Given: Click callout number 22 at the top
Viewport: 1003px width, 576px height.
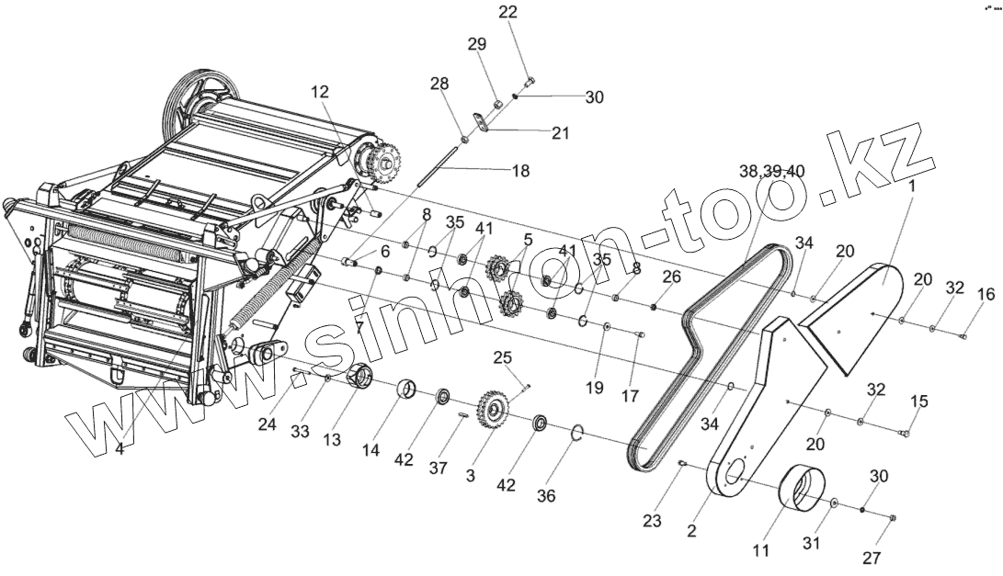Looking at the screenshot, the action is (x=508, y=12).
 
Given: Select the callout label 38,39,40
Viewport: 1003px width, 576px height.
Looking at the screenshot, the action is (x=771, y=171).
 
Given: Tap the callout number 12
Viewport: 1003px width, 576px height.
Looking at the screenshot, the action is (x=319, y=92).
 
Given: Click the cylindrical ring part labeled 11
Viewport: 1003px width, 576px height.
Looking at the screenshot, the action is (x=800, y=486).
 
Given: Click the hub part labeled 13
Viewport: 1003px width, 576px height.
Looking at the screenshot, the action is (x=359, y=377).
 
